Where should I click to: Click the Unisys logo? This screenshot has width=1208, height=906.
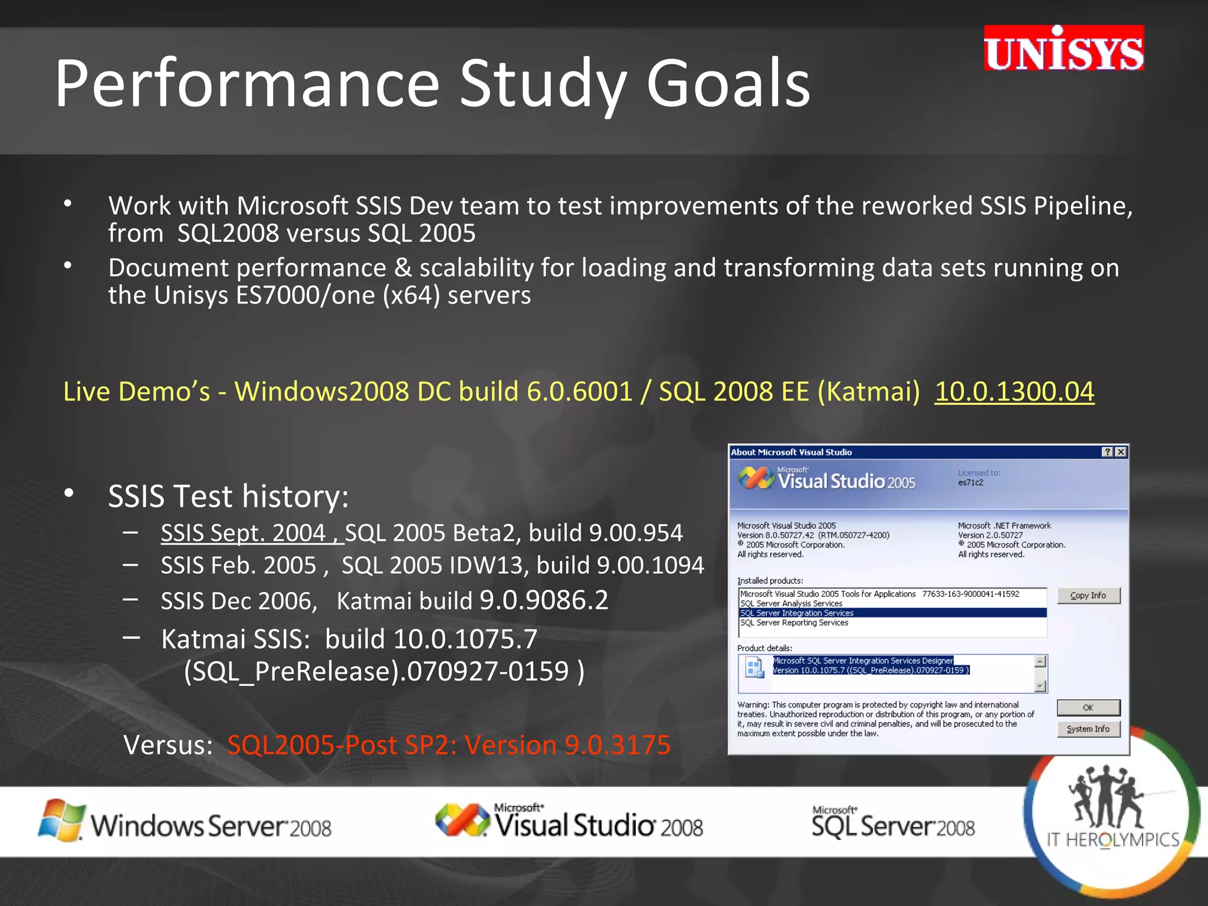[1063, 48]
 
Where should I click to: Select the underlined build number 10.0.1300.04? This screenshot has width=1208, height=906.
[1014, 392]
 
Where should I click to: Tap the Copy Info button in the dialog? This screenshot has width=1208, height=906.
[1088, 596]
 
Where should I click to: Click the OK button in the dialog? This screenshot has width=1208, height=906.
[1088, 708]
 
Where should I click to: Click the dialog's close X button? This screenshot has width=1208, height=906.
[1121, 452]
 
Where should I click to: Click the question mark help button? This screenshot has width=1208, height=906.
[1107, 452]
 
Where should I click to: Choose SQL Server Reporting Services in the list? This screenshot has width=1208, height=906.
[794, 623]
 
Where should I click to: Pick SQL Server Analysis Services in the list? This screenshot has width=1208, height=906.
[791, 604]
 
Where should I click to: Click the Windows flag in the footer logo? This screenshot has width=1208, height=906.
[61, 820]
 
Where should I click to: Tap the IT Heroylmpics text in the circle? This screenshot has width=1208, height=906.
[1112, 840]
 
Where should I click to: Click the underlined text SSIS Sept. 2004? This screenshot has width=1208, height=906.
[243, 533]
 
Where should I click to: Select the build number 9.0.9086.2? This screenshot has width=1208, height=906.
[543, 600]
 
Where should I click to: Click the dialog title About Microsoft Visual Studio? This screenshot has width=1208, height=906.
[791, 452]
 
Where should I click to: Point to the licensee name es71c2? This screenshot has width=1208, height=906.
[970, 482]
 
